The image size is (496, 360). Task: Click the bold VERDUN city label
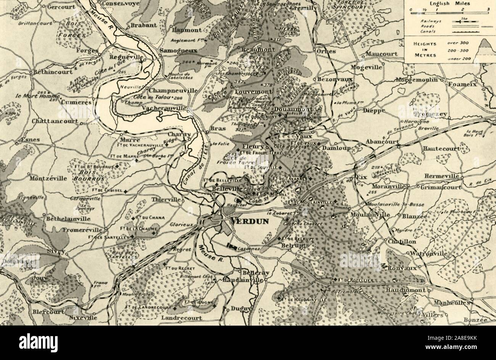tap(250, 221)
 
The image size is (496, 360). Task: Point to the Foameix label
tap(463, 84)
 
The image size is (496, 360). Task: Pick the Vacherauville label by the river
tap(167, 108)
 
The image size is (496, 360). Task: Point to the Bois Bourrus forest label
tap(90, 175)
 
